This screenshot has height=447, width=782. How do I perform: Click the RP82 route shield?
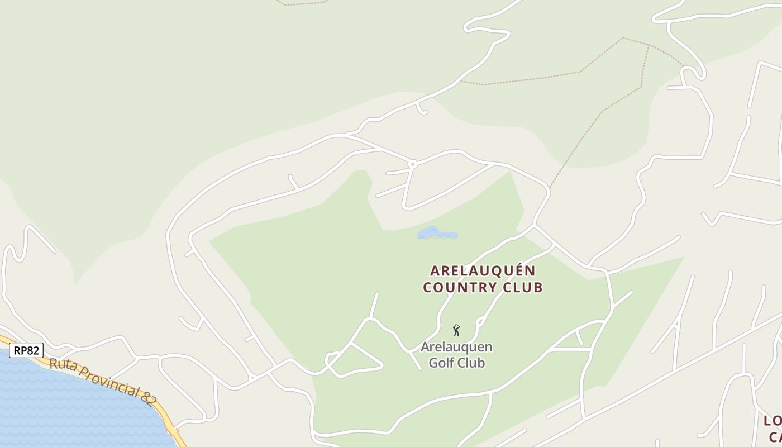pyautogui.click(x=26, y=350)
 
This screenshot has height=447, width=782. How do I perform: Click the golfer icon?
pyautogui.click(x=456, y=330)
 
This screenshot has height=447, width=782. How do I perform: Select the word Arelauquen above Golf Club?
pyautogui.click(x=456, y=347)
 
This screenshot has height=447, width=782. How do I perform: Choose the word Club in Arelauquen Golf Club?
pyautogui.click(x=470, y=363)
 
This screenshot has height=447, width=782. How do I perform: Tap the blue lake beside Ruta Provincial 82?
pyautogui.click(x=67, y=408)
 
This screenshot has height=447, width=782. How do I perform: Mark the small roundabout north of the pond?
pyautogui.click(x=412, y=164)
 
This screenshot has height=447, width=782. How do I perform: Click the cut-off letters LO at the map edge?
pyautogui.click(x=773, y=421)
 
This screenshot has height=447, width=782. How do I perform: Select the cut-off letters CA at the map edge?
pyautogui.click(x=775, y=436)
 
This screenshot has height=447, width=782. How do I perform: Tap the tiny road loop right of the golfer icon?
pyautogui.click(x=480, y=322)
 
